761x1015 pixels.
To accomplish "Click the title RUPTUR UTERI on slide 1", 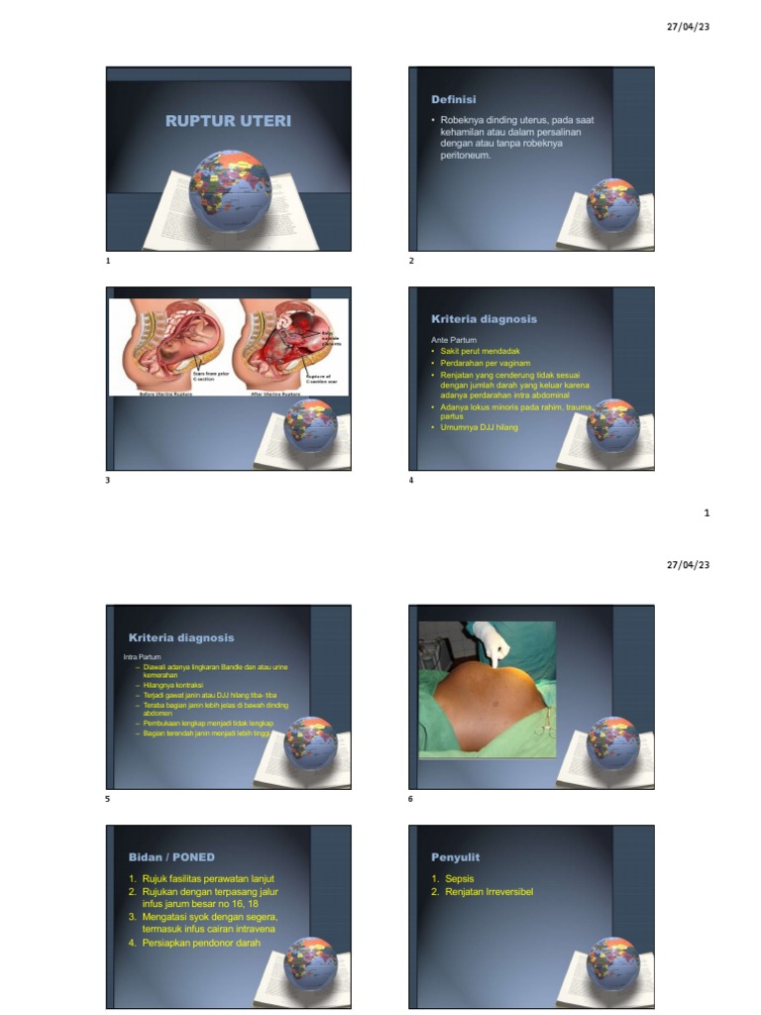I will click(228, 121).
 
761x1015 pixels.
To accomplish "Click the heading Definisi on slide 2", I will click(453, 100).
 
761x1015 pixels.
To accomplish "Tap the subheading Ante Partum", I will click(454, 340).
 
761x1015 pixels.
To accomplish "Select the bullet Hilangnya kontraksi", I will click(175, 685).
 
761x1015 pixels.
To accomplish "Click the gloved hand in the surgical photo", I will click(490, 643).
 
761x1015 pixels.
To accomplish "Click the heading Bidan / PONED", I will click(171, 856).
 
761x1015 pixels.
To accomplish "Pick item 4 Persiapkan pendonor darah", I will click(200, 943).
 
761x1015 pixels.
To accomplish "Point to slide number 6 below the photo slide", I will click(410, 799).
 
